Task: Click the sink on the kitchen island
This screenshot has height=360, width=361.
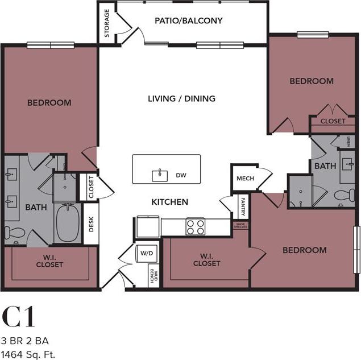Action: click(160, 174)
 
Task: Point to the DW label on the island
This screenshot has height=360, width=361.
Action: click(181, 175)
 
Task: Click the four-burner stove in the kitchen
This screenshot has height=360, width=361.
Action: click(196, 226)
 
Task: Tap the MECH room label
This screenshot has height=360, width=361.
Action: click(244, 179)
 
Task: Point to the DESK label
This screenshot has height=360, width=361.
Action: click(92, 226)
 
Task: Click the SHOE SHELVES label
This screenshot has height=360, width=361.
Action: click(240, 225)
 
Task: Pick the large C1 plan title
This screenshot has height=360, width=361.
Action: click(19, 317)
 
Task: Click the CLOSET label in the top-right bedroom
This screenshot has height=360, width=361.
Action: click(333, 121)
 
